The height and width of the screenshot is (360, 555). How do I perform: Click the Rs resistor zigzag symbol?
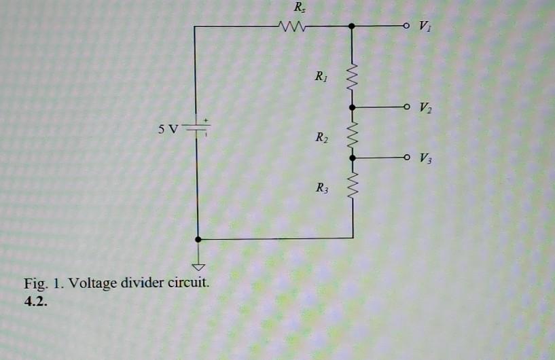[x=291, y=27]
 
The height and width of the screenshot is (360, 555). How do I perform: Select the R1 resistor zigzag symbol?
[x=352, y=75]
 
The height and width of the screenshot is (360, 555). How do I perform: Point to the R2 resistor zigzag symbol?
[x=352, y=132]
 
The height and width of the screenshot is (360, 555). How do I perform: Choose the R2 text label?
[x=322, y=139]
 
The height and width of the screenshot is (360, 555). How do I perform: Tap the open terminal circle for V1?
[x=406, y=26]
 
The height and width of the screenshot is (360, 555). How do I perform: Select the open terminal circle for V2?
[x=406, y=107]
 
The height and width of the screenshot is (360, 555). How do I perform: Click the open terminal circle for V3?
[x=406, y=158]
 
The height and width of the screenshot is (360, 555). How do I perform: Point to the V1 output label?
[x=425, y=28]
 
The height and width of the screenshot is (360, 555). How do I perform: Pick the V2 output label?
[x=425, y=108]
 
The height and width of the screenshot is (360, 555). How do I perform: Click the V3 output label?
[x=425, y=160]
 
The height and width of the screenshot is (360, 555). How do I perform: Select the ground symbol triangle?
[x=198, y=268]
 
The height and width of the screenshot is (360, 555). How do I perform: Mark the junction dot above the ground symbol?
[x=198, y=239]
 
